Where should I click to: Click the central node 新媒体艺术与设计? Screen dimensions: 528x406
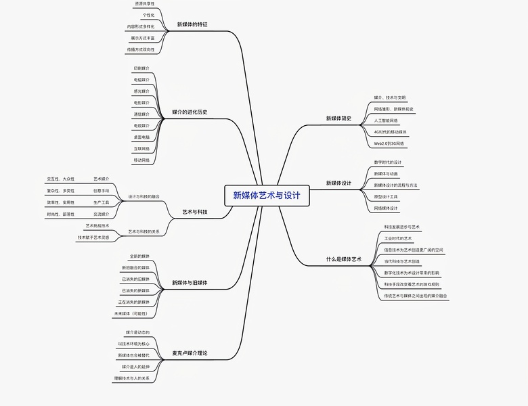click(x=267, y=196)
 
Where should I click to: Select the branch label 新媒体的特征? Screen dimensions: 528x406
click(x=192, y=24)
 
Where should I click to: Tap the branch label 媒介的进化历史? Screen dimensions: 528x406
click(x=190, y=112)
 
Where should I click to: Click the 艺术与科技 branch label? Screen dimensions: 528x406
click(x=195, y=212)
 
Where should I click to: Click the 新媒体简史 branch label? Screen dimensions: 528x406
click(x=338, y=118)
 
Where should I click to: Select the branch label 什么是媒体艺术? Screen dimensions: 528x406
click(x=344, y=259)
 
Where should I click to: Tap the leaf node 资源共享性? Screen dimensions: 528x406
click(x=144, y=3)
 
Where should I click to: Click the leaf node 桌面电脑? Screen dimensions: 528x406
click(x=141, y=137)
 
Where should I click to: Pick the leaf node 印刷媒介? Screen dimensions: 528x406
click(x=141, y=68)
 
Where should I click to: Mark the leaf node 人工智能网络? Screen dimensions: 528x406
click(x=386, y=120)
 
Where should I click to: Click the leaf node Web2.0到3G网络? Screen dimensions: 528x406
click(x=389, y=143)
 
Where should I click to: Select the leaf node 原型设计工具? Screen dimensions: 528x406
click(x=386, y=196)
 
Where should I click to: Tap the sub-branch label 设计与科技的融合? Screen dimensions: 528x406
click(x=144, y=196)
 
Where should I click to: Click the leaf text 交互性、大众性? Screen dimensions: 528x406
click(x=61, y=179)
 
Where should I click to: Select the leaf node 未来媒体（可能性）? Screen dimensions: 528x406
click(x=131, y=314)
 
